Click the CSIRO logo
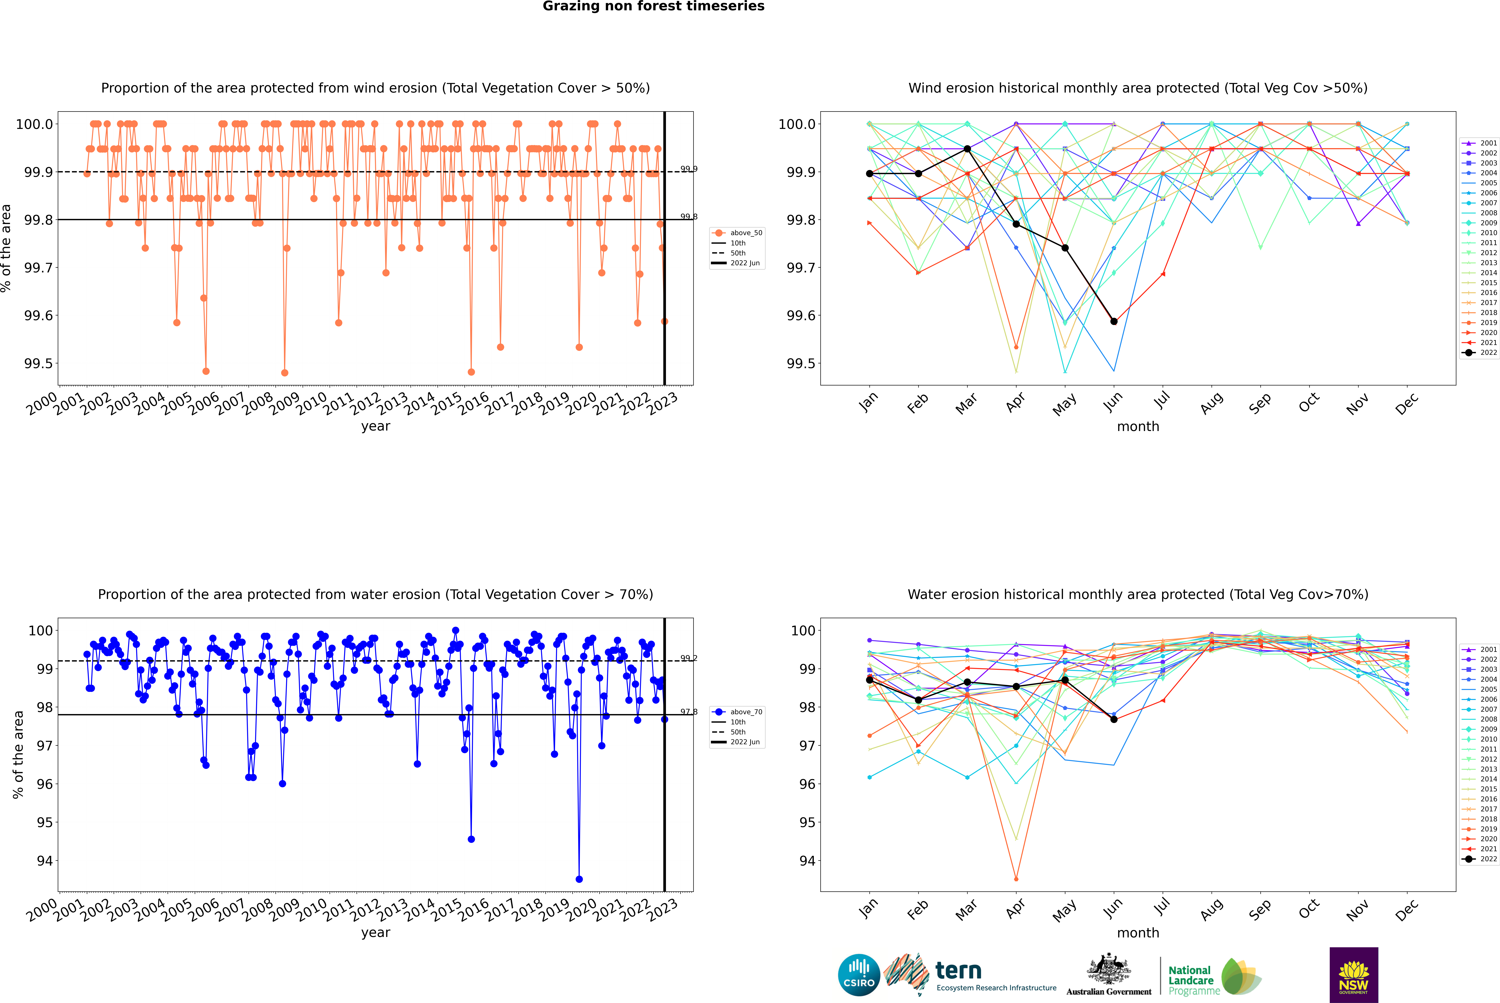859,975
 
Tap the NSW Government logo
1354,975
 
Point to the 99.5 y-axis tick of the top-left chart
38,363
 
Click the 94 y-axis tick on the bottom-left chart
45,861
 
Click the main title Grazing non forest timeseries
653,6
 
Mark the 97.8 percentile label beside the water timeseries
689,712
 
